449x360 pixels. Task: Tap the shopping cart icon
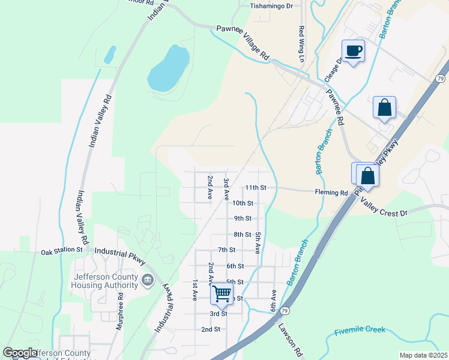coord(221,293)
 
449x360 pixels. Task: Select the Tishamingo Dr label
coord(271,6)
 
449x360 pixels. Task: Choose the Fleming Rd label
coord(331,193)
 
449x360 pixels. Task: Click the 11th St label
coord(255,188)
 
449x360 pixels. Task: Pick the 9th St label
coord(243,219)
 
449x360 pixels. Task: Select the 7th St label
coord(226,250)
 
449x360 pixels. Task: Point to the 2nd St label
coord(211,329)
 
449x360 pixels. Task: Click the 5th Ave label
coord(257,242)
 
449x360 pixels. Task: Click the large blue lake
coord(168,67)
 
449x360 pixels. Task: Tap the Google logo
coord(20,353)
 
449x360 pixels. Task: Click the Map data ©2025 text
coord(423,355)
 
